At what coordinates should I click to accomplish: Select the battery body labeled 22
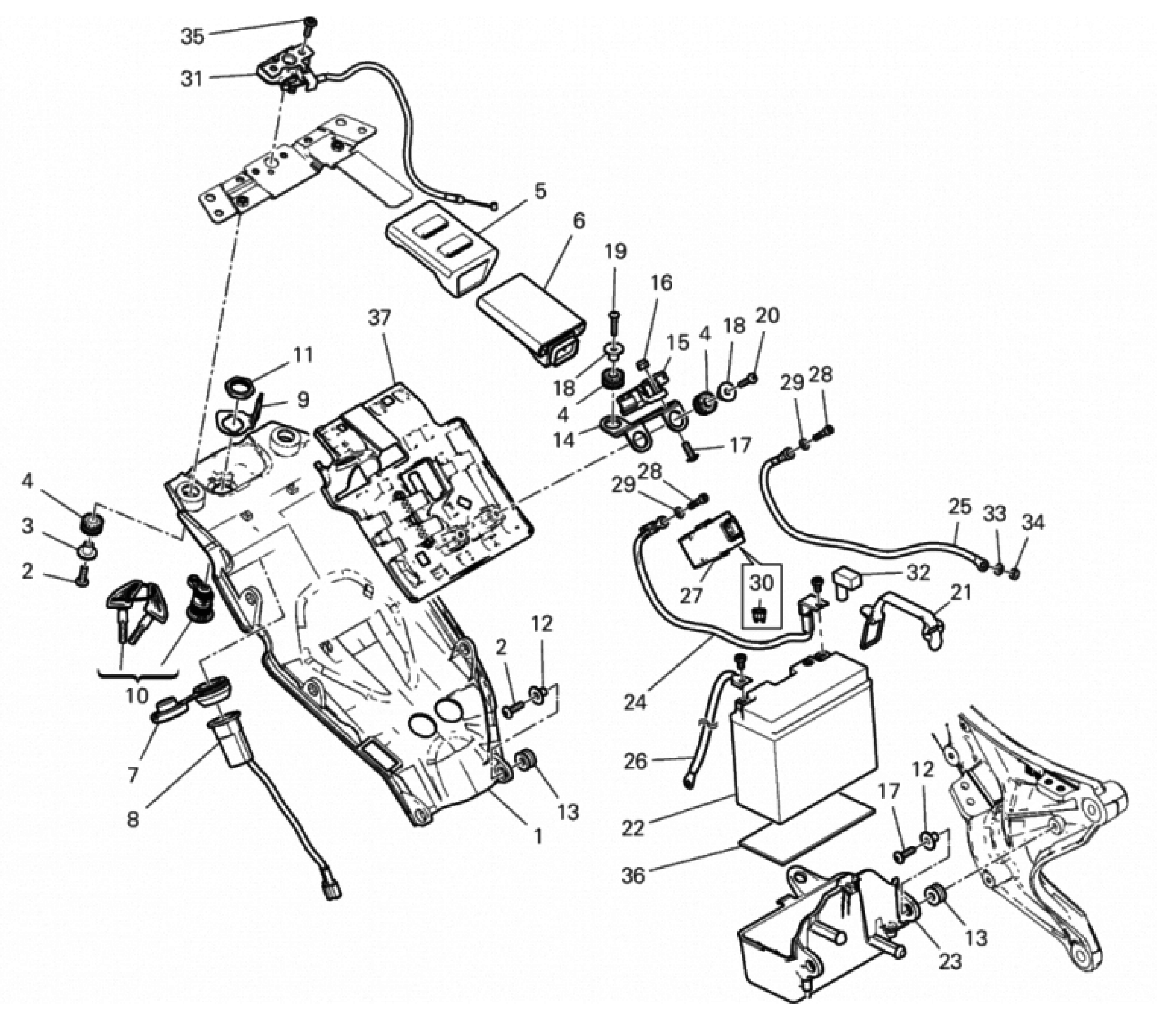point(804,742)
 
